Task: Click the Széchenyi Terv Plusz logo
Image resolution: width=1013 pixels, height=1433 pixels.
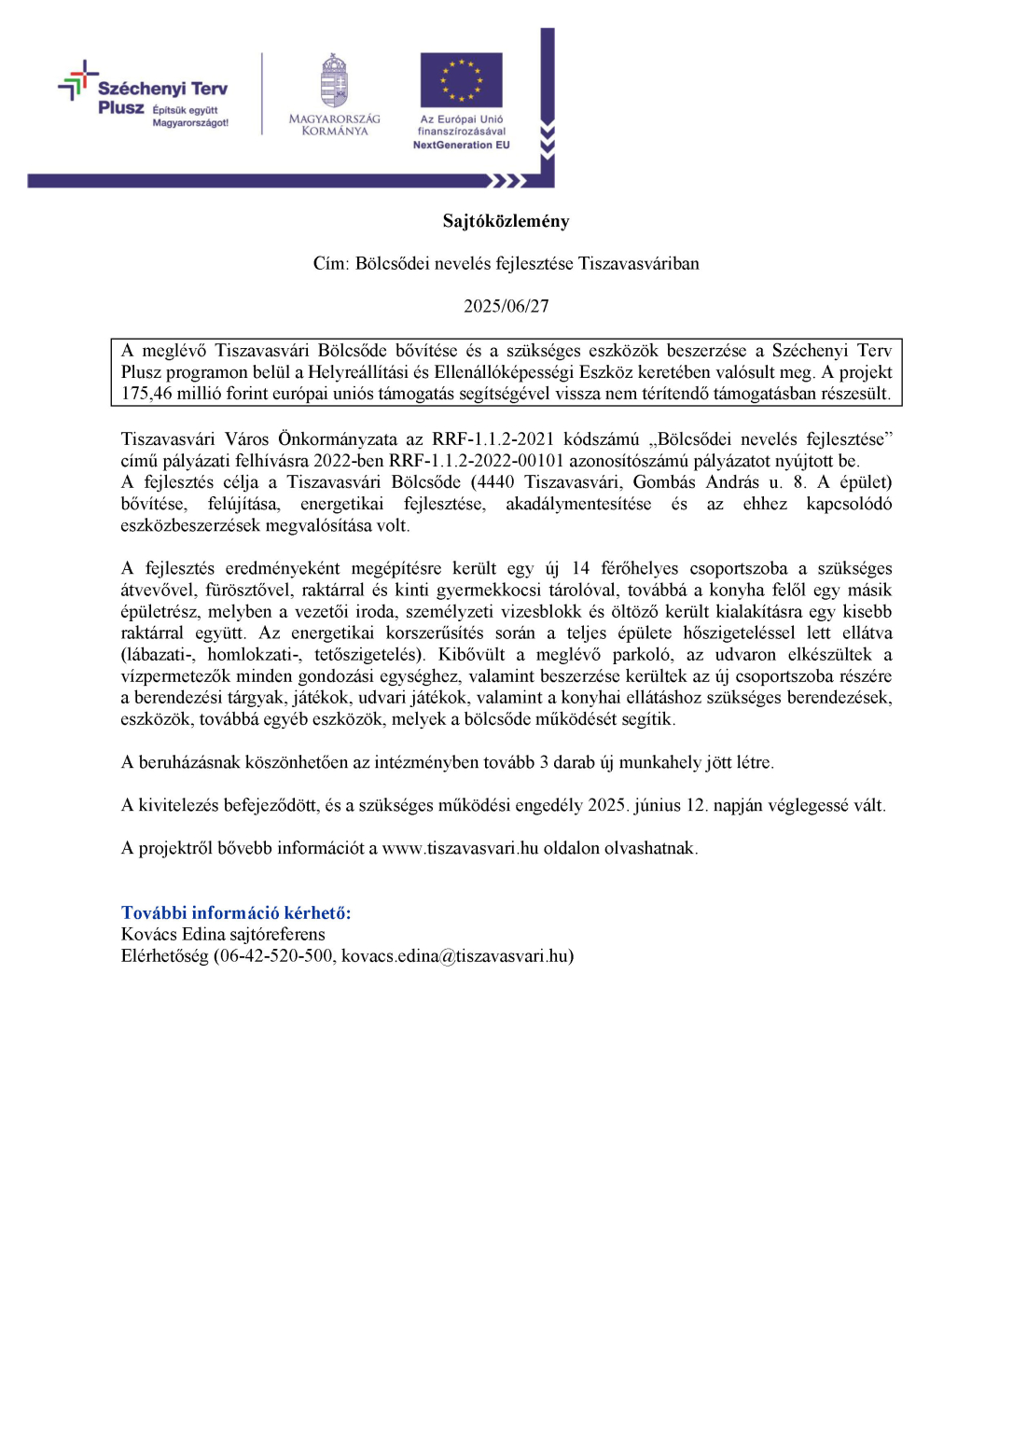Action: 145,95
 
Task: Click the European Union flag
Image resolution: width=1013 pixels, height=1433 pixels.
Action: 461,79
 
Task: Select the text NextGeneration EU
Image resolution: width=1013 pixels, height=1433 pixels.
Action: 461,146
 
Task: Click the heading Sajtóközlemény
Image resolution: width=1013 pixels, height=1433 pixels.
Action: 506,221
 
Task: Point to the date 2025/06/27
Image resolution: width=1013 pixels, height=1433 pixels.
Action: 506,306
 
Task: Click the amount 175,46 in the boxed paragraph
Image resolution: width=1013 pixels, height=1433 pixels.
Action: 146,394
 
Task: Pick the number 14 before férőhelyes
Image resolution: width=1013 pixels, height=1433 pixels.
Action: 580,568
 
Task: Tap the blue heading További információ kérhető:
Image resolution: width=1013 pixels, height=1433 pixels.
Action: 236,912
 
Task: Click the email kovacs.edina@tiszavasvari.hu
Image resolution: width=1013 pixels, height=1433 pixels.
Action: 455,955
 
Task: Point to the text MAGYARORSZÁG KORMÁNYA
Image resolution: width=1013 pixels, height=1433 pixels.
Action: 334,125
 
